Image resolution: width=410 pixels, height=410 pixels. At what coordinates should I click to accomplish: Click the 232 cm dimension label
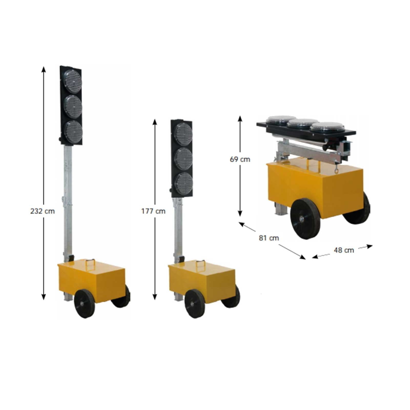tap(43, 211)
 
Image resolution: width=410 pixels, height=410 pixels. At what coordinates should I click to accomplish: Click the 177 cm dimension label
tap(153, 211)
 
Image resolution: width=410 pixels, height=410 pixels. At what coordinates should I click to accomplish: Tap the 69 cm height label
tap(240, 159)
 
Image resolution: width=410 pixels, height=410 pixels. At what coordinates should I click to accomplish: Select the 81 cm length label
tap(269, 238)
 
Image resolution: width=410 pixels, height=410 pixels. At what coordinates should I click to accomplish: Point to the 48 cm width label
tap(344, 250)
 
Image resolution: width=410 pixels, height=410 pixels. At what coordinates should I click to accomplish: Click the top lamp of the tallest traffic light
tap(73, 81)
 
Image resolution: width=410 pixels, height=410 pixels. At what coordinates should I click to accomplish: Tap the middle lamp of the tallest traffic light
tap(73, 107)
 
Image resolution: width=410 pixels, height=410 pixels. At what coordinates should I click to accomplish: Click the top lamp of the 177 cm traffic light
tap(183, 134)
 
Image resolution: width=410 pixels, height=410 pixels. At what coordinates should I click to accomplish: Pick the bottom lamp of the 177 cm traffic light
tap(183, 183)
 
